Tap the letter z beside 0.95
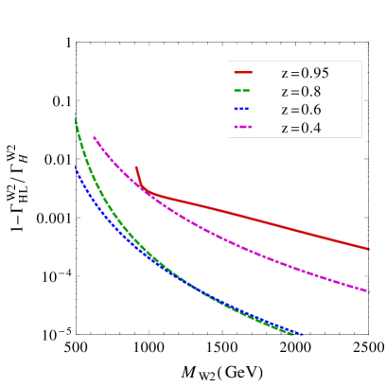coord(284,73)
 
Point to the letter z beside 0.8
coord(284,92)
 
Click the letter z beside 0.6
coord(284,110)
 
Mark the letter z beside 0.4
coord(284,128)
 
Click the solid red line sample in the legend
coord(243,72)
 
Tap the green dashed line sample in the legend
coord(243,91)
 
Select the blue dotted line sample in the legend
coord(243,109)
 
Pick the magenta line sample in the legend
coord(243,127)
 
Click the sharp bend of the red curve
coord(145,192)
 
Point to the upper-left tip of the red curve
coord(136,167)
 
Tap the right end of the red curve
coord(369,249)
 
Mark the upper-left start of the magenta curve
coord(94,137)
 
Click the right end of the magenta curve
coord(369,290)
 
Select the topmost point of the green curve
coord(76,114)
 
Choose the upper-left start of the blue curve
coord(76,167)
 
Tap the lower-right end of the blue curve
coord(303,335)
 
